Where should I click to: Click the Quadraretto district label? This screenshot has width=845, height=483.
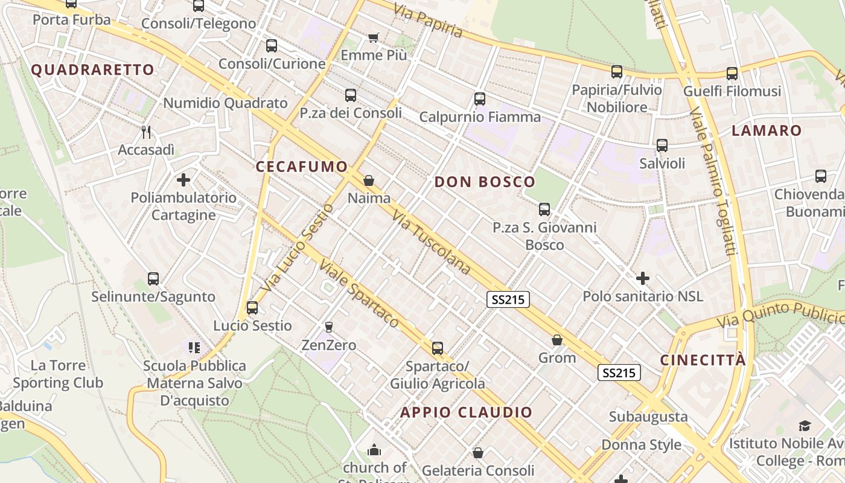point(92,70)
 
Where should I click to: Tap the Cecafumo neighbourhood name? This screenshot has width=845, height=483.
point(302,167)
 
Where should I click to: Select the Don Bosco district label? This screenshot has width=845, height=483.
point(485,182)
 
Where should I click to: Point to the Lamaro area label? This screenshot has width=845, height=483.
point(767,130)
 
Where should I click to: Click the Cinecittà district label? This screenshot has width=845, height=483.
point(703,360)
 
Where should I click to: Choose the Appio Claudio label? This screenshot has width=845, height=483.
point(467,413)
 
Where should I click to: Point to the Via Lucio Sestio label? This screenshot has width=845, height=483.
point(298,248)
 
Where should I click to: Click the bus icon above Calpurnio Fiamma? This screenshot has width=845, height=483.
point(480,99)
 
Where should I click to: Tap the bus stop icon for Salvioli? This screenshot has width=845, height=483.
point(662,146)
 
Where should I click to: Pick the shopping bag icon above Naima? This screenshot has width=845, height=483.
point(369,181)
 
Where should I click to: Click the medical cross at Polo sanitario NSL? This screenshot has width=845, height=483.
point(643,278)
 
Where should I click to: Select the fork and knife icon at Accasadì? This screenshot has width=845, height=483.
point(145,132)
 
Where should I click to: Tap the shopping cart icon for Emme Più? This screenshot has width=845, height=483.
point(374,38)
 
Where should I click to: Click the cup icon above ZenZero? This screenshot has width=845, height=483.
point(329,327)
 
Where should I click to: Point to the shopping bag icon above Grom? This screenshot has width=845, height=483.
point(557,341)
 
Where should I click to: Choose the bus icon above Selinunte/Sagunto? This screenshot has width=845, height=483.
point(153,279)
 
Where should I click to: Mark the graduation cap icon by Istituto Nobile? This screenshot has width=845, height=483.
point(805,426)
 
